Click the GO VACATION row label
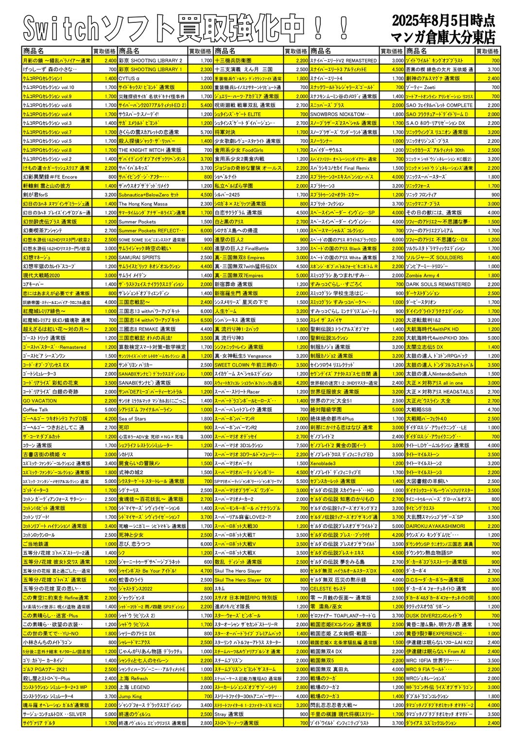[40, 401]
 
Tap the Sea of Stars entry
[132, 419]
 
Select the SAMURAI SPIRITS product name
[139, 258]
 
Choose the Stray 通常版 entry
[229, 714]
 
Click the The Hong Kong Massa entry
[143, 204]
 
